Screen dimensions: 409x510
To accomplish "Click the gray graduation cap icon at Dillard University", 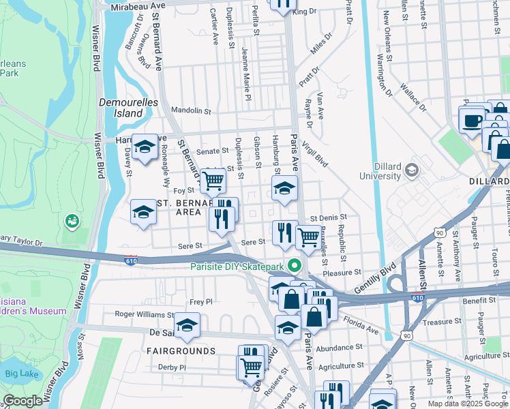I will (x=411, y=170).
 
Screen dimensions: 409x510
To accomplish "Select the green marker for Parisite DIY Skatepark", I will (x=295, y=266).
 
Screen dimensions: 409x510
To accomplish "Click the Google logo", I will (x=23, y=401).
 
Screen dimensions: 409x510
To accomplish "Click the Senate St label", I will (x=212, y=151).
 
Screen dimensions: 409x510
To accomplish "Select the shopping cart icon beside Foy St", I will (x=213, y=181).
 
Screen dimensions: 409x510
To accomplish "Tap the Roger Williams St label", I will (x=144, y=315).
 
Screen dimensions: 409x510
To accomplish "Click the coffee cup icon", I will (x=472, y=121).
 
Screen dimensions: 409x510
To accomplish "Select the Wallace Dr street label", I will (x=413, y=97).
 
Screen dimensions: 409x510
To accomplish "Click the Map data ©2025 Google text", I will (x=467, y=404).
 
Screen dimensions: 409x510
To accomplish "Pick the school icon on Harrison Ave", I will (x=145, y=147).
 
